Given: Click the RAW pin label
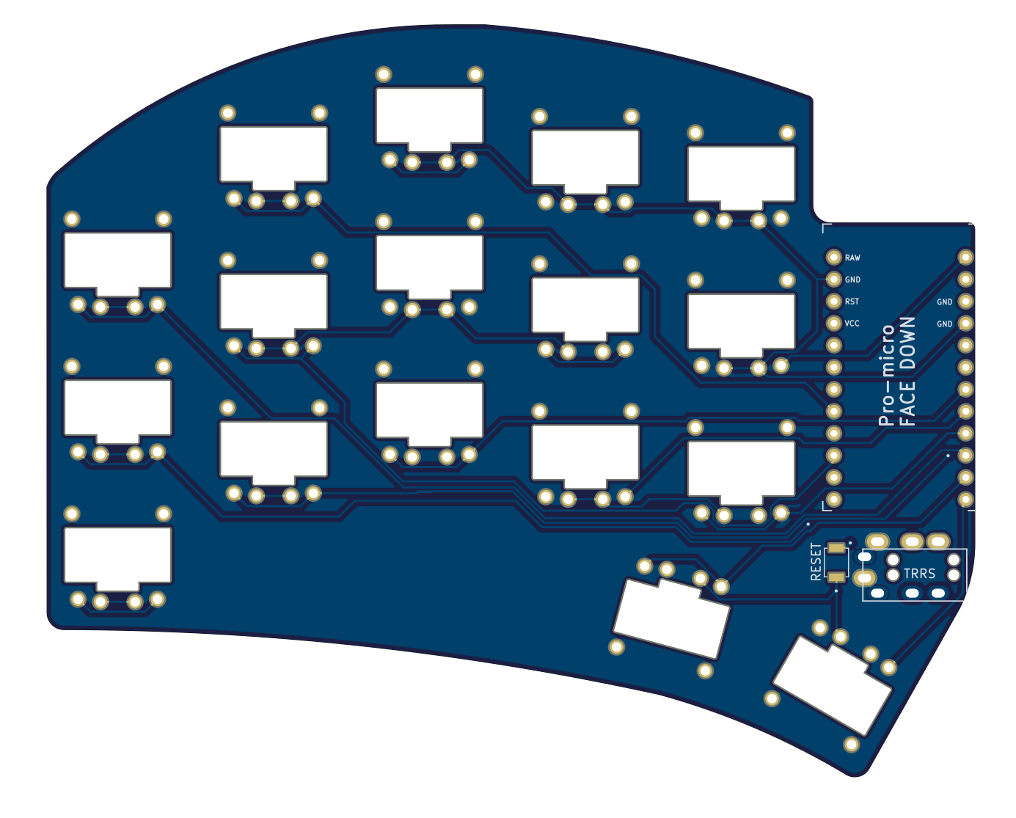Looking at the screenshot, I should coord(852,258).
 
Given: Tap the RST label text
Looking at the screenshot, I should coord(852,302).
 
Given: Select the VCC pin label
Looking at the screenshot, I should coord(852,324).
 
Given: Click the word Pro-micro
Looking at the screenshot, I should coord(887,374).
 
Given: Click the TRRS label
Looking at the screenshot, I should coord(919,574).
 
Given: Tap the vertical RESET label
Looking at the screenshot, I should coord(816,562).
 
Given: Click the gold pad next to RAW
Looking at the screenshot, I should coord(833,257).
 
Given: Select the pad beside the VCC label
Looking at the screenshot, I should coord(833,323).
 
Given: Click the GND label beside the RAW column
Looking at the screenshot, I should coord(852,280).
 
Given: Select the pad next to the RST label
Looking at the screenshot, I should coord(833,301).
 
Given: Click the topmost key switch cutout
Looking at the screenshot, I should coord(429,115).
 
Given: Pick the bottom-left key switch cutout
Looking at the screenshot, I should coord(117,555).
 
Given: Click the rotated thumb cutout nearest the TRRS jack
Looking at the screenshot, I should coord(832,685).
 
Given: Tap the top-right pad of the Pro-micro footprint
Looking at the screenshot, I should coord(965,257).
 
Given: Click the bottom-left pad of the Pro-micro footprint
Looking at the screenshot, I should coord(833,500).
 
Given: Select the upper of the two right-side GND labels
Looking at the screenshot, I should coord(944,302).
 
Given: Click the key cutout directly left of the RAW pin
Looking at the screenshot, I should coord(741,174).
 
